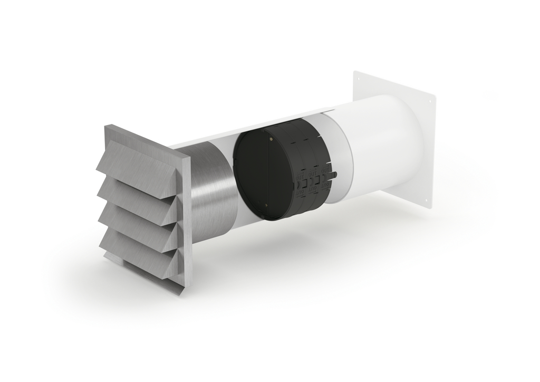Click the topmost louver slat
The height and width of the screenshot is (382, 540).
point(134,161)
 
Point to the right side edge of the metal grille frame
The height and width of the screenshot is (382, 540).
point(186,222)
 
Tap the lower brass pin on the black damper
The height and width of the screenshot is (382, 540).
point(265,205)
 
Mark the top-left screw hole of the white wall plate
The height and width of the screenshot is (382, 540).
point(358,80)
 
